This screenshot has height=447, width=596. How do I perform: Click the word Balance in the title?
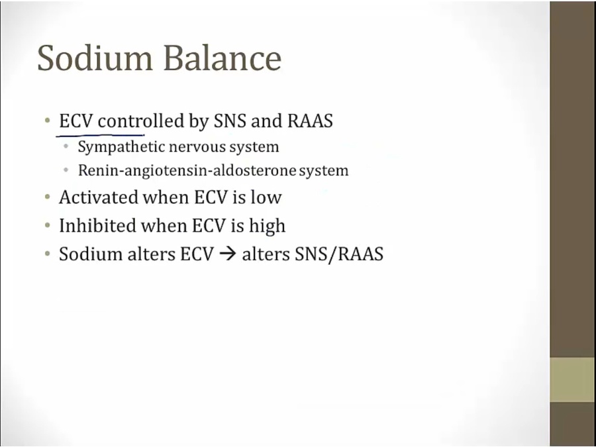[223, 58]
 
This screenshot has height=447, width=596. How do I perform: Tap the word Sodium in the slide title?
[95, 58]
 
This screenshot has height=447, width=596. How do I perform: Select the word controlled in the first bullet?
[141, 121]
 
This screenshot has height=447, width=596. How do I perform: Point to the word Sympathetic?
[121, 147]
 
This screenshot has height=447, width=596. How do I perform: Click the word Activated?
[99, 197]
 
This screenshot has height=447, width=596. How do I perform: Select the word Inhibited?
[98, 225]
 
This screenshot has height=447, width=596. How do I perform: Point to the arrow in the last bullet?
[228, 254]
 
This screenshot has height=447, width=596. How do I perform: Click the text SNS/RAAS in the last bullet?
[339, 254]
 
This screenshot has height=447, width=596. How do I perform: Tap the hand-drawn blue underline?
[100, 134]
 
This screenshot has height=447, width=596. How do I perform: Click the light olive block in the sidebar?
[573, 379]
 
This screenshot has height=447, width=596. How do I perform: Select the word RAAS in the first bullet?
[310, 121]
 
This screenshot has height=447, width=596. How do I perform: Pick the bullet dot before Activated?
[47, 197]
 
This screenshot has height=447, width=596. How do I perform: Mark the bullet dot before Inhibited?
[47, 225]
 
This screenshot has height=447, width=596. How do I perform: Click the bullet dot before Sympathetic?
[66, 146]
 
